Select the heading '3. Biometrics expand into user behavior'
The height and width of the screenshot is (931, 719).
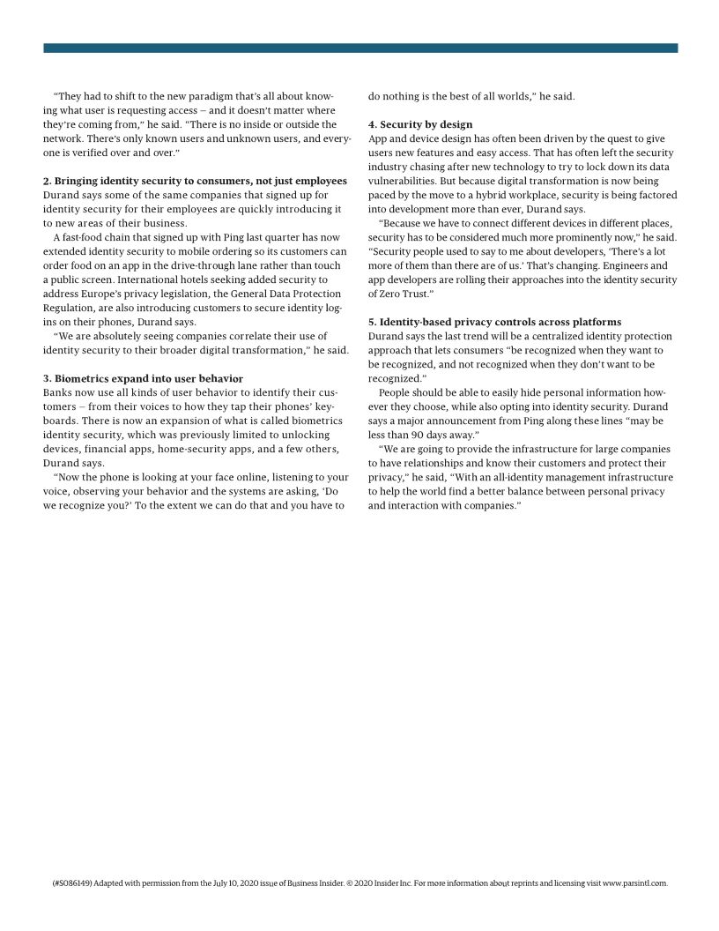pyautogui.click(x=143, y=378)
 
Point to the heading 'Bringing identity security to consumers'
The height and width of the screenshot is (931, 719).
pyautogui.click(x=195, y=181)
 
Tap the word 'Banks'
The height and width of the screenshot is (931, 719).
pyautogui.click(x=59, y=392)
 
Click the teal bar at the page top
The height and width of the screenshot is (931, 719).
pyautogui.click(x=359, y=48)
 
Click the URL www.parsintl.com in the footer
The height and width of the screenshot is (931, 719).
pyautogui.click(x=634, y=882)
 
